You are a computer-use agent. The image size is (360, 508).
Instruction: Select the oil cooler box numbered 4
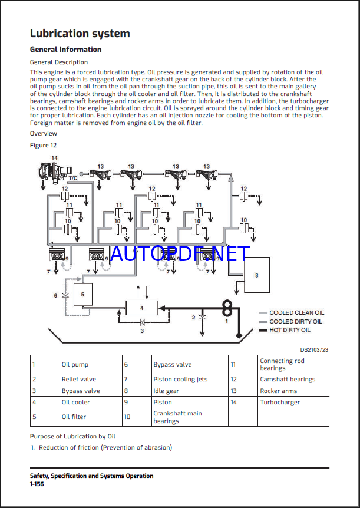[141, 308]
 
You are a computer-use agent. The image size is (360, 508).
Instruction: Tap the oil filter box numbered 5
[82, 293]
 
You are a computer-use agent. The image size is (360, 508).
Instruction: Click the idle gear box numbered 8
[256, 275]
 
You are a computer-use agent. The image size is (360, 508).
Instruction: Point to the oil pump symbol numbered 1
[227, 308]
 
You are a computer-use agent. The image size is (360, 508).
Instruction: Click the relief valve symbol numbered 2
[202, 317]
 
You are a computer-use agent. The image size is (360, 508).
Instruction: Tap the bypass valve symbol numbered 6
[65, 295]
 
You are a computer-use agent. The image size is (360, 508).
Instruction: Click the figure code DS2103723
[314, 349]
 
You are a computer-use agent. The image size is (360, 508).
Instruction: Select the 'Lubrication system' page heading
[80, 34]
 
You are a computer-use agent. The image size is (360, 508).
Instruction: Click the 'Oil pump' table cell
[75, 365]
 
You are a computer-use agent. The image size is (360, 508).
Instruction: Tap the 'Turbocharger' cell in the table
[280, 403]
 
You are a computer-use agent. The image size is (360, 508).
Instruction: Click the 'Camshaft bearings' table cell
[288, 380]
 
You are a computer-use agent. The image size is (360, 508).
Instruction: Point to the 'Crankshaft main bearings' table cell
[177, 417]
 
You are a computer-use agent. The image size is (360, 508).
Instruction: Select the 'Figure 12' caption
[44, 145]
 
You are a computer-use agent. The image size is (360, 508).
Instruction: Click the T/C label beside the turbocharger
[73, 177]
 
